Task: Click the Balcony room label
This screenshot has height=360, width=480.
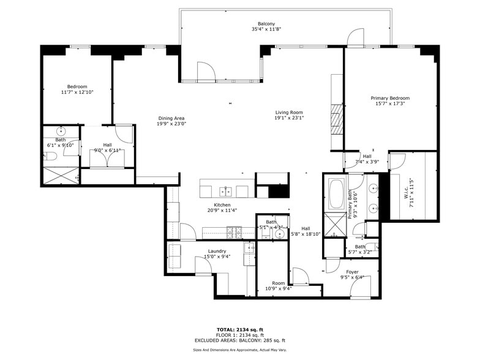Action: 266,23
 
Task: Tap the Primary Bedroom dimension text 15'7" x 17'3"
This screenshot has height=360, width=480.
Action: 390,104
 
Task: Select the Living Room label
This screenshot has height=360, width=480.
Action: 289,112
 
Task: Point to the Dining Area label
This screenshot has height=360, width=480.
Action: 171,118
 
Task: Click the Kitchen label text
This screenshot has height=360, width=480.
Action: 222,204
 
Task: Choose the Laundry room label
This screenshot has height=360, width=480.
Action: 217,251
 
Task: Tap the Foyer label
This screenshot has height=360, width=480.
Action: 352,272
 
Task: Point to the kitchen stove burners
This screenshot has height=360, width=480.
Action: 234,231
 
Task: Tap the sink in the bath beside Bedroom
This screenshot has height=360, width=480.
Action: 61,131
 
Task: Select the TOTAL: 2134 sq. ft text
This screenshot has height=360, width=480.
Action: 240,329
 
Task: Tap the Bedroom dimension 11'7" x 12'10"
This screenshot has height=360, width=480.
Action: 77,92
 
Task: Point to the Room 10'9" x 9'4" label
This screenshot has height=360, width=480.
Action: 279,286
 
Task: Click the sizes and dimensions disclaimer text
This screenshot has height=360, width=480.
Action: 240,350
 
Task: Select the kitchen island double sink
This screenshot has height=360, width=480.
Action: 225,190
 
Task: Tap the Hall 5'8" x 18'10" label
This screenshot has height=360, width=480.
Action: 306,231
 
